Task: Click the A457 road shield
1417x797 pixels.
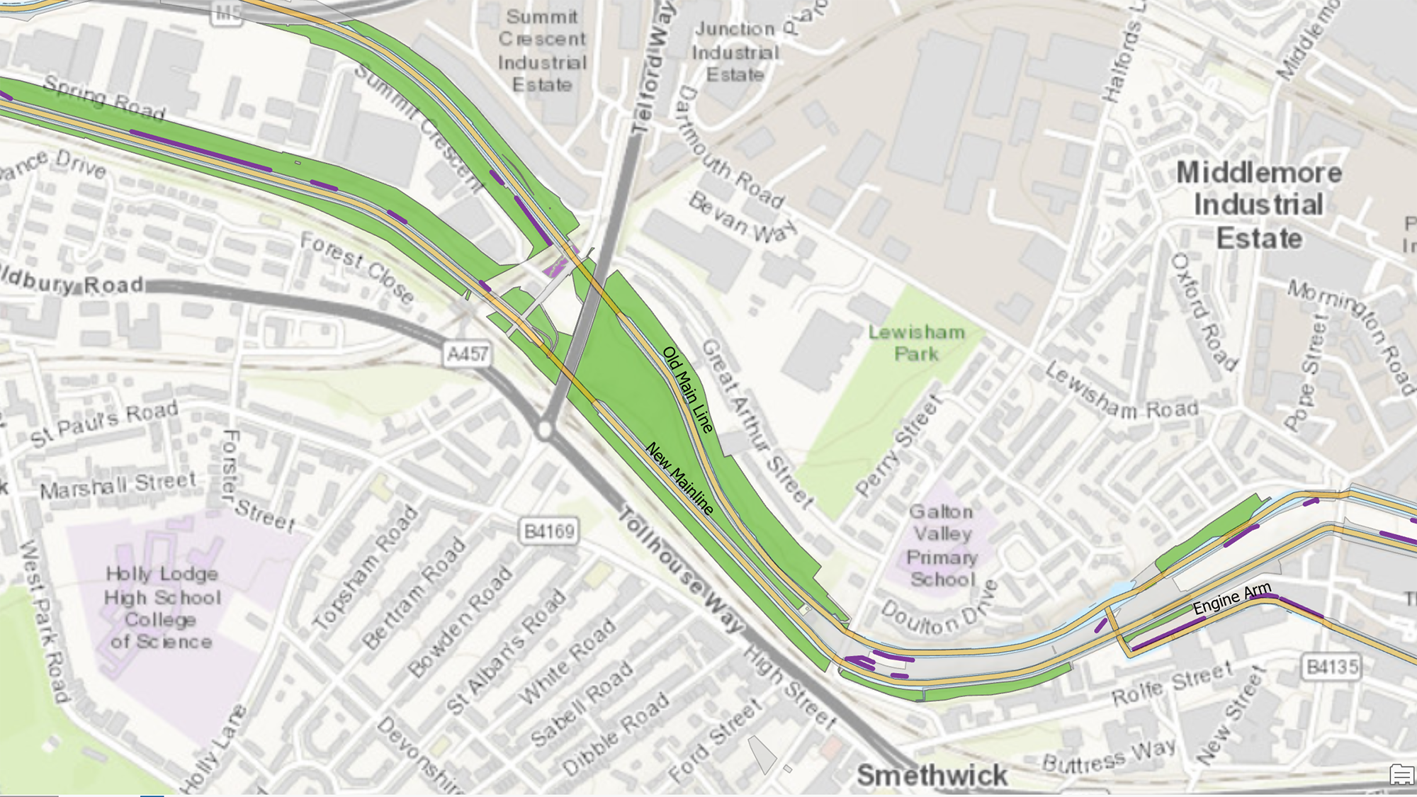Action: (x=468, y=353)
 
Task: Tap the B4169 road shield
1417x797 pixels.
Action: (x=549, y=531)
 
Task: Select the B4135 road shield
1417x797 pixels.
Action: (x=1333, y=667)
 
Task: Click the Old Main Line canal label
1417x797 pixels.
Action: (x=687, y=389)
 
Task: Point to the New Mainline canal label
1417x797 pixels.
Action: (x=679, y=479)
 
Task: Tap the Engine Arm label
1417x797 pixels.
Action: (x=1232, y=599)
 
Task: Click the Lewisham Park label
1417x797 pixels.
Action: (x=917, y=343)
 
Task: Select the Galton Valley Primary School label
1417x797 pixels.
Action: (x=942, y=546)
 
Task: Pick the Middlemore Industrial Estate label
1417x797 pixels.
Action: (x=1259, y=205)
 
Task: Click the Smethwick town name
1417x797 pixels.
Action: (x=932, y=775)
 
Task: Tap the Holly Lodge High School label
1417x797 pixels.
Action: (x=162, y=607)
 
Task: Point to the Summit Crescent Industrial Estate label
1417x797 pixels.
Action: (x=542, y=51)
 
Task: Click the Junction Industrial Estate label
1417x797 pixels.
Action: (x=735, y=52)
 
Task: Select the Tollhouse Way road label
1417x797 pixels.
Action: (x=682, y=570)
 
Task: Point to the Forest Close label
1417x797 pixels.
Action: (x=357, y=268)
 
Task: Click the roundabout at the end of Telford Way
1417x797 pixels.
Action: (x=545, y=429)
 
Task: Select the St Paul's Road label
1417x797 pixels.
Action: (x=104, y=424)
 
